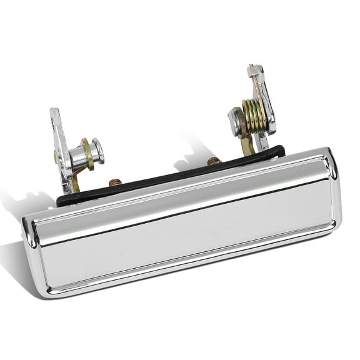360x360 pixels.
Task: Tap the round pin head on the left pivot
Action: click(x=97, y=150)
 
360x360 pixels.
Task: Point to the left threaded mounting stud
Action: click(x=114, y=184)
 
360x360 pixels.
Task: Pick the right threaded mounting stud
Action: click(x=212, y=162)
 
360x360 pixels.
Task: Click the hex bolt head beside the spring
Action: click(x=235, y=121)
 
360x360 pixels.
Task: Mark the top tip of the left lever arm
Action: click(x=54, y=113)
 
